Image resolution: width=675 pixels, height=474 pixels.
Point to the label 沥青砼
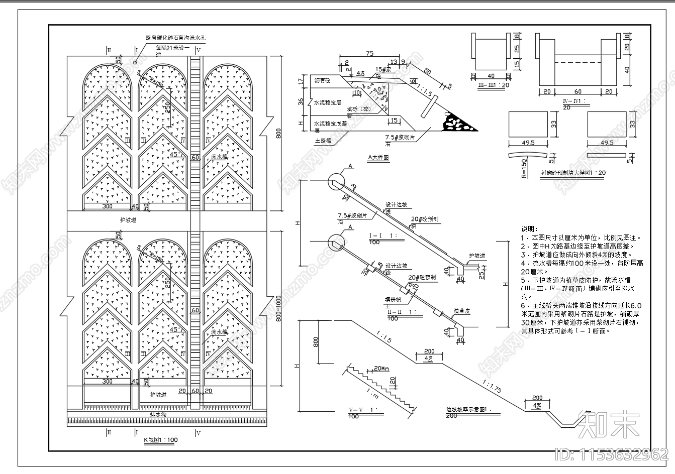tap(323, 80)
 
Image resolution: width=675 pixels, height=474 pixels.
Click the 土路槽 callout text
tap(324, 141)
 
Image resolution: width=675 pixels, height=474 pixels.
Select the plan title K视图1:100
tap(160, 440)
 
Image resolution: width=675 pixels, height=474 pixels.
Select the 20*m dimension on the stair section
tap(382, 369)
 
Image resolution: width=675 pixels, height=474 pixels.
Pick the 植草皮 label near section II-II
tap(461, 311)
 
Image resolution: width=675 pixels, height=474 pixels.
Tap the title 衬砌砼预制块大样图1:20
tap(573, 173)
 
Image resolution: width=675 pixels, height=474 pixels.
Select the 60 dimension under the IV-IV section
tap(578, 92)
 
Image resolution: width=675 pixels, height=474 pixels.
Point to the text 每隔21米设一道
tap(173, 48)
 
